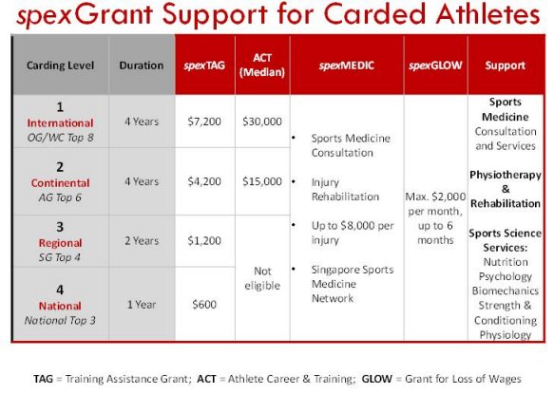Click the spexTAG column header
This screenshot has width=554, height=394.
click(x=204, y=66)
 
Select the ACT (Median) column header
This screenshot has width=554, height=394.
click(x=262, y=65)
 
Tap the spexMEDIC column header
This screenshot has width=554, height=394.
click(x=346, y=66)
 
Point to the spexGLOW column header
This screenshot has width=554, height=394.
click(x=435, y=66)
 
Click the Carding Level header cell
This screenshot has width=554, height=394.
click(x=61, y=66)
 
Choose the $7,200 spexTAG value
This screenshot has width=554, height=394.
click(x=204, y=122)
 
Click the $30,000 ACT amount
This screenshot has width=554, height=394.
click(x=262, y=122)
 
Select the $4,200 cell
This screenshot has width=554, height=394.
click(x=204, y=181)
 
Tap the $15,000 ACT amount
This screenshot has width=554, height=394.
click(x=262, y=181)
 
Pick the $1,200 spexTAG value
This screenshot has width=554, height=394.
click(x=204, y=241)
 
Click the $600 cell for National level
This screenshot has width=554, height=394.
click(x=204, y=305)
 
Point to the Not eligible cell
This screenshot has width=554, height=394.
click(x=262, y=278)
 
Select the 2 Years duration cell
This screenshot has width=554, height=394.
click(x=142, y=241)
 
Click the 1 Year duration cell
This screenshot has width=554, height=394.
click(x=142, y=305)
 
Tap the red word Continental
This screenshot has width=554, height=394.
click(x=61, y=183)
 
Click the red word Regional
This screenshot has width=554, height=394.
click(x=61, y=243)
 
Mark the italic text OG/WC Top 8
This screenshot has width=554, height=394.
click(x=61, y=138)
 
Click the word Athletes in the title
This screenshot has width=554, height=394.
click(x=487, y=14)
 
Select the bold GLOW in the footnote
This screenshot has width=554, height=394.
click(x=376, y=379)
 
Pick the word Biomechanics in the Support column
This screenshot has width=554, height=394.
click(x=506, y=291)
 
